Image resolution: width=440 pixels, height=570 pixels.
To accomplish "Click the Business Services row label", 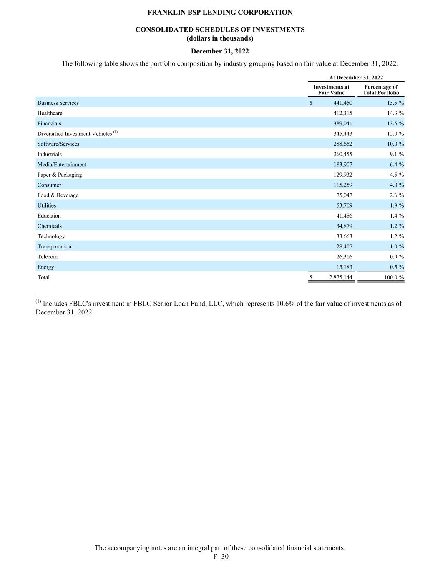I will (x=58, y=103).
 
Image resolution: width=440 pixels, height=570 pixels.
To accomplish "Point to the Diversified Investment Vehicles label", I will (x=75, y=134).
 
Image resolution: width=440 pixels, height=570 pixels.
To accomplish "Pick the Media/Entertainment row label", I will (x=62, y=165).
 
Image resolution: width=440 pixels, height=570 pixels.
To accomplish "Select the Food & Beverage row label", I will (x=58, y=195).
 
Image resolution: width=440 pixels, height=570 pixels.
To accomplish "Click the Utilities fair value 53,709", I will (x=344, y=205).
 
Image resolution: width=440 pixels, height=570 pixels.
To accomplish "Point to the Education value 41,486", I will (x=344, y=215).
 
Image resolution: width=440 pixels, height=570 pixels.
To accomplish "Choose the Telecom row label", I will (x=48, y=257).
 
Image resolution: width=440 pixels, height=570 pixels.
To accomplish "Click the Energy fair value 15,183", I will (x=344, y=267).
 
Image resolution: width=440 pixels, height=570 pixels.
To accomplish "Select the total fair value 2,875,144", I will (x=341, y=277).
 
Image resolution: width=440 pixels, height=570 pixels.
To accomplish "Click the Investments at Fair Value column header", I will (x=331, y=90).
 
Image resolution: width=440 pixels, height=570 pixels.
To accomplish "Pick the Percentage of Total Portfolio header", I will (x=381, y=90).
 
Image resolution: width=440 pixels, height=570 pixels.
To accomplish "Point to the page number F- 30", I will (x=221, y=557).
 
